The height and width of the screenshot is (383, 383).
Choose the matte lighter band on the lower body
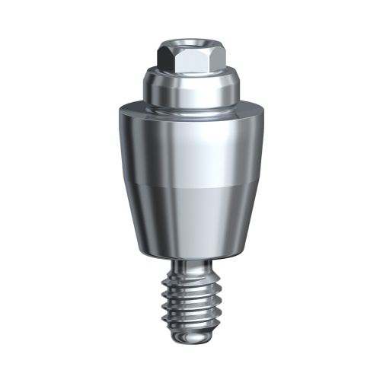point(190,217)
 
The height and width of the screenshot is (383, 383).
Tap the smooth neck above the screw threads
point(191,267)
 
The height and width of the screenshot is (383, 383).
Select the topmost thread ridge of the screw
point(191,281)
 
